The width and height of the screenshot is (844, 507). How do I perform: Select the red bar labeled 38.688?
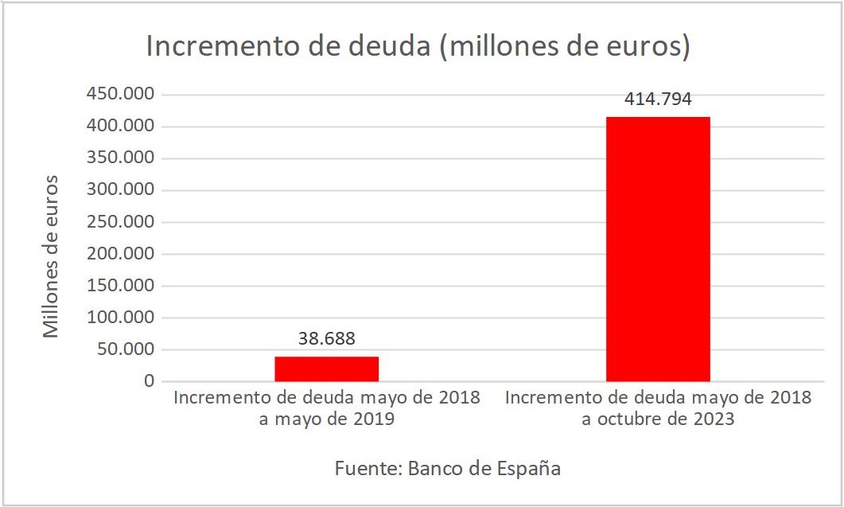tap(326, 369)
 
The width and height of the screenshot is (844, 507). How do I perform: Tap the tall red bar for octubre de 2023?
tap(658, 249)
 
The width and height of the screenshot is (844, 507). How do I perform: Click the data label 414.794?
tap(658, 99)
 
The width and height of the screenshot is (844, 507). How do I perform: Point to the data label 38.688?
tap(326, 338)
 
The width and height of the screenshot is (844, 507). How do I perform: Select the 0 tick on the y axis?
tap(148, 381)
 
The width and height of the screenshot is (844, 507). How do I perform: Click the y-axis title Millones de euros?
tap(52, 256)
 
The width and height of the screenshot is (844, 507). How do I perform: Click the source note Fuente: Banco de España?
tap(447, 468)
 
